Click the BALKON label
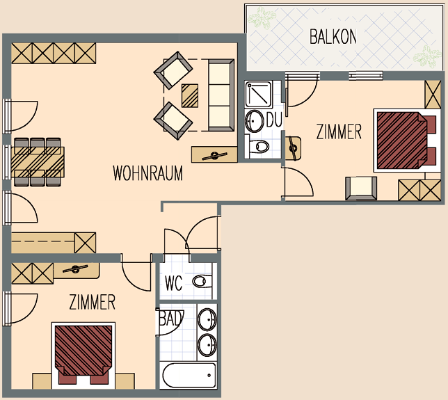point(333,37)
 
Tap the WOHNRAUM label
point(147,173)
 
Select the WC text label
point(173,283)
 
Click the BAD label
point(171,318)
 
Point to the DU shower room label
point(274,120)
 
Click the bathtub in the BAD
point(189,376)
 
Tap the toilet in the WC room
point(202,281)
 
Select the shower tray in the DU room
point(258,94)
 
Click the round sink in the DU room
point(254,121)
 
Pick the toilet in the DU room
point(259,147)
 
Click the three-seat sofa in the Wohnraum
point(221,95)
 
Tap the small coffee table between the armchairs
point(190,96)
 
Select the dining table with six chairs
point(38,162)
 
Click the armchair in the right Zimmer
point(361,189)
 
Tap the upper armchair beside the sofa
point(173,70)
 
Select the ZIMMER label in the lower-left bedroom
point(93,303)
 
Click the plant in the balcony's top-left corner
point(262,18)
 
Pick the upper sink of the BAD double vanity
point(207,319)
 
